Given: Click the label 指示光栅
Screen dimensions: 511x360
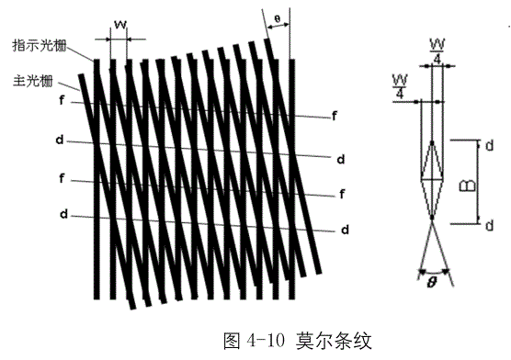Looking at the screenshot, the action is point(40,45).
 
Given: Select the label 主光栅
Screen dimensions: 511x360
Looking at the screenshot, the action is point(32,81).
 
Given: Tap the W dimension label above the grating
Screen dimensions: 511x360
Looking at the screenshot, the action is point(120,25).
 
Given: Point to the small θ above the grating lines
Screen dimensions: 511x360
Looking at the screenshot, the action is point(277,18).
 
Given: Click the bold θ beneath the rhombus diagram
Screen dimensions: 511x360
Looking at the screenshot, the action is point(431,282).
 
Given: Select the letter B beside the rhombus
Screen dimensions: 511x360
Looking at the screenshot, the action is point(467,186).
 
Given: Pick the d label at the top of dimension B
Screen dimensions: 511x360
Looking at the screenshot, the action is point(489,146).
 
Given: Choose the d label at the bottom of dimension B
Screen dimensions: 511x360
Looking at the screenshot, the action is point(489,225).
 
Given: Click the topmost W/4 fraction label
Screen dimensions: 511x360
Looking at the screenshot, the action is point(437,51).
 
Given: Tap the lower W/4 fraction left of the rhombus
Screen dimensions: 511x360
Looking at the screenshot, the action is point(400,86).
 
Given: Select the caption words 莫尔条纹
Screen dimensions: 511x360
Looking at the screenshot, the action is point(334,341).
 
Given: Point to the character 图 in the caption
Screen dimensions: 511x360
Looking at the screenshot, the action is point(232,341).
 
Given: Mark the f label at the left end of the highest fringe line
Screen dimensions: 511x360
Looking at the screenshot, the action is point(62,100).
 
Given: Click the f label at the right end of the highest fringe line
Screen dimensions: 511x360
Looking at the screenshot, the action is point(335,116).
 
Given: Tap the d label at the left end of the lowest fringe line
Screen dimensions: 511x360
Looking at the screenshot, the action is point(64,214).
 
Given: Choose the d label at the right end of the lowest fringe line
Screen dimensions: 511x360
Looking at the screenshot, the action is point(346,230).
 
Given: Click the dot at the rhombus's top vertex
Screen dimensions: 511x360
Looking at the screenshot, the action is point(432,142).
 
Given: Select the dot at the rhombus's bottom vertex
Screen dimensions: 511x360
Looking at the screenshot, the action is point(432,217).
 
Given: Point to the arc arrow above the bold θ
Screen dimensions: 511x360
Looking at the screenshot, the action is point(434,273).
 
